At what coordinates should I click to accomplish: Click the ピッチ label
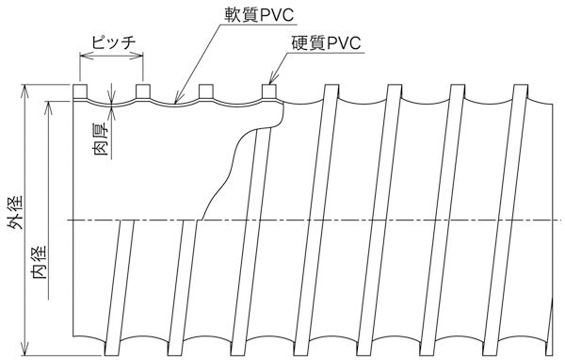coord(110,43)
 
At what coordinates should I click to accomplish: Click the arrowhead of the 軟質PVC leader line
coord(177,99)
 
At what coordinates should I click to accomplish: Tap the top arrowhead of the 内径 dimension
coord(49,102)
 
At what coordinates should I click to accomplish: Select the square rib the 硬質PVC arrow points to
coord(269,91)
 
